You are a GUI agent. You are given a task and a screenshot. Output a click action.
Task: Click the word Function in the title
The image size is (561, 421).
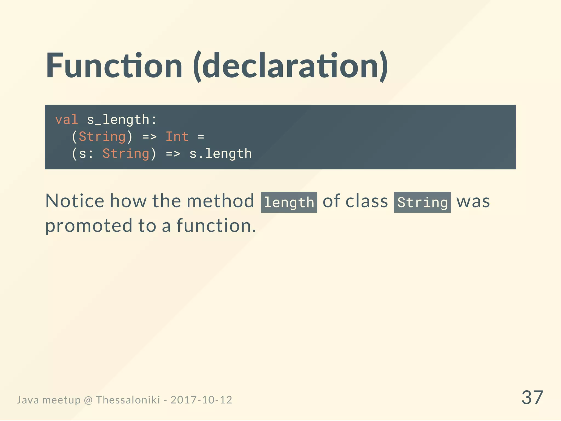point(114,66)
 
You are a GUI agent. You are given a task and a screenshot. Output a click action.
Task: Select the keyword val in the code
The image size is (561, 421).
point(67,120)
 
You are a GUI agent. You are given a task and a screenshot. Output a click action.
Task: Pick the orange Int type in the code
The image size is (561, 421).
point(177,136)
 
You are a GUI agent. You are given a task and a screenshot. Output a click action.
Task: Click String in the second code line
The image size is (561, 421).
point(102,137)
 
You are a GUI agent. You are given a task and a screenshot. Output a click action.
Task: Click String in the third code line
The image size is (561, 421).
point(126,153)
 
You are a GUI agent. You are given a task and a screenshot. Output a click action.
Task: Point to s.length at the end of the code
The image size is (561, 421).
point(221,153)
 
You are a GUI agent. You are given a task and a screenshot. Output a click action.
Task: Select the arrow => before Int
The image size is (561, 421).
point(149,137)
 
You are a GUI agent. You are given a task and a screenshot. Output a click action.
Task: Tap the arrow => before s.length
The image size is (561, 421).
point(173,154)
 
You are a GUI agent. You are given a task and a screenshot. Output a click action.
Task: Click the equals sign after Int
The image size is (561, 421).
point(201,137)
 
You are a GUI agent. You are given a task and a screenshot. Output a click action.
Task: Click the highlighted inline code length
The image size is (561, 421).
point(289,202)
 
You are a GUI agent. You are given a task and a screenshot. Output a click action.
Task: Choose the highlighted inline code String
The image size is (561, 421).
point(422,202)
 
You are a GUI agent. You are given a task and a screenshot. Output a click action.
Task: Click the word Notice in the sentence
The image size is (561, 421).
point(75,201)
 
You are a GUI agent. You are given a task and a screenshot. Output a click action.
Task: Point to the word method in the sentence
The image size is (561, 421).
point(220,201)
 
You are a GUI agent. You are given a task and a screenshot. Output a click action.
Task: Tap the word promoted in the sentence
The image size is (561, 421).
point(89,226)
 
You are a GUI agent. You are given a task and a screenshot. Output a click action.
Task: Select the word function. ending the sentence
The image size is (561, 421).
point(216,226)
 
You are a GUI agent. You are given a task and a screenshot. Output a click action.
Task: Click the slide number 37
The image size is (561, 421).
point(532,397)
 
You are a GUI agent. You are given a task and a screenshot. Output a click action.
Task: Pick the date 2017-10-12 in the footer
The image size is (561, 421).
point(201,400)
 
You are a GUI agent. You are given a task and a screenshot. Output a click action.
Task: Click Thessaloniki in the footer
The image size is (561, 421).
point(128,400)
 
